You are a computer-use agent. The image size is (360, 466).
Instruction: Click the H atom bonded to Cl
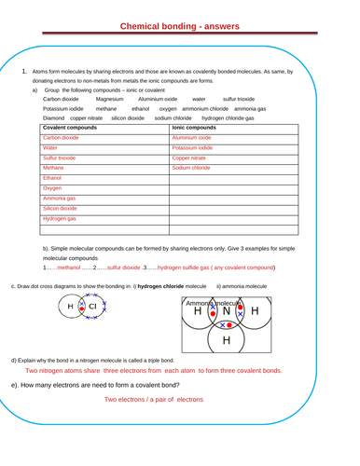(70, 306)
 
